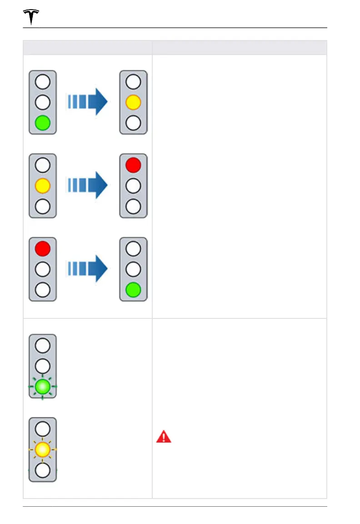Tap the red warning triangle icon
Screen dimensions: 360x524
click(x=164, y=437)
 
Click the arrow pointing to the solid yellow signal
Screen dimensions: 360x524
click(x=88, y=102)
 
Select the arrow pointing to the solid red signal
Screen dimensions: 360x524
click(x=88, y=186)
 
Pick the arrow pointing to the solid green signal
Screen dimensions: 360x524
click(x=88, y=269)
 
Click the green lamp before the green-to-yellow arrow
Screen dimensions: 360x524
click(x=43, y=123)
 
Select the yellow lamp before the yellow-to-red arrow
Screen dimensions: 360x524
click(x=43, y=186)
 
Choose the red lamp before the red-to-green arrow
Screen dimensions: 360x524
click(x=43, y=249)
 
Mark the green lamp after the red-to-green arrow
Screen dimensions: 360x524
click(x=133, y=290)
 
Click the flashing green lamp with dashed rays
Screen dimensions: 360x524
click(x=43, y=387)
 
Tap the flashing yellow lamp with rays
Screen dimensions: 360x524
click(x=43, y=449)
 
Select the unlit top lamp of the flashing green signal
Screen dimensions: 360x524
click(x=43, y=346)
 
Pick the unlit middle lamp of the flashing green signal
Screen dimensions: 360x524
click(x=43, y=366)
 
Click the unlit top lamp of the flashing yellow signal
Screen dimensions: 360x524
click(x=43, y=428)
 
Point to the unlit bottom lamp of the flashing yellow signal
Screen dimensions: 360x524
click(x=43, y=470)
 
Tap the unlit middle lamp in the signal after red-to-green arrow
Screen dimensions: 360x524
click(x=133, y=269)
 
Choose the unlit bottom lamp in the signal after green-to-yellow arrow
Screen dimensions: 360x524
click(x=133, y=123)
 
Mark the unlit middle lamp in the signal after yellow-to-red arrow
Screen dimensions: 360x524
click(x=133, y=186)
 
